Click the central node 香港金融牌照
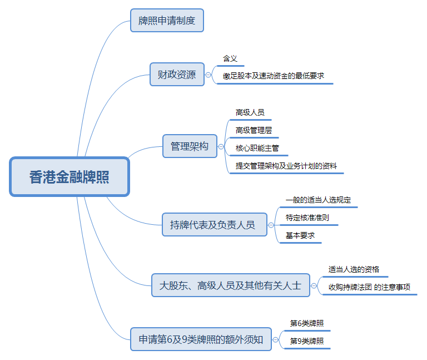(69, 177)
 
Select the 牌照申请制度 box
(167, 21)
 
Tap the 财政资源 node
(177, 75)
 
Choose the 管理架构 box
(190, 146)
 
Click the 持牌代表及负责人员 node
(212, 225)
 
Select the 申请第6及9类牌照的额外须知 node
(201, 339)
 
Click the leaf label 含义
(230, 58)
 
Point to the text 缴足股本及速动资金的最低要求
(274, 76)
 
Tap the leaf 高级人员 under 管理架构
(250, 112)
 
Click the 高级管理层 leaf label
(254, 130)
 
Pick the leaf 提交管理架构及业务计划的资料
(286, 166)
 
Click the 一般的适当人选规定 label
(318, 200)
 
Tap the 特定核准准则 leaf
(307, 218)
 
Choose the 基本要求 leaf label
(300, 235)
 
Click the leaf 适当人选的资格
(354, 269)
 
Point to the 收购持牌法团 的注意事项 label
(369, 287)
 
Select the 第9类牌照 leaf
(307, 341)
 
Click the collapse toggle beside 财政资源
(208, 75)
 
